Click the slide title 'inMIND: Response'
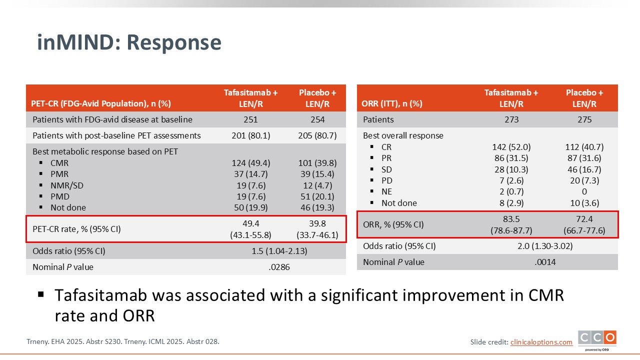click(x=129, y=42)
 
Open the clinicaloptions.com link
click(x=541, y=342)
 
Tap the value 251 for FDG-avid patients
click(x=250, y=119)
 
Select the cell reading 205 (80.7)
click(x=317, y=135)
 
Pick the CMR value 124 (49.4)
click(x=251, y=163)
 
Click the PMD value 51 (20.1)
click(x=317, y=196)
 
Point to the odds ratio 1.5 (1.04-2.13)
click(x=279, y=251)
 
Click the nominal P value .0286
click(x=279, y=267)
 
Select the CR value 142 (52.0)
click(x=511, y=147)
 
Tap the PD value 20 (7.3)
click(x=584, y=180)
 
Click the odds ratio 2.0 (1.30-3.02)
click(x=545, y=246)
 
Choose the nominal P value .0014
click(x=545, y=262)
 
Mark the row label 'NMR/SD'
click(x=67, y=185)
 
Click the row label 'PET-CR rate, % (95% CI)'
click(x=76, y=229)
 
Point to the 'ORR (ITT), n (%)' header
click(x=391, y=103)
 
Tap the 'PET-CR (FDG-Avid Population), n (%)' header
click(x=101, y=103)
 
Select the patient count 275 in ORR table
click(x=584, y=119)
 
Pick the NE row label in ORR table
click(x=386, y=191)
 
